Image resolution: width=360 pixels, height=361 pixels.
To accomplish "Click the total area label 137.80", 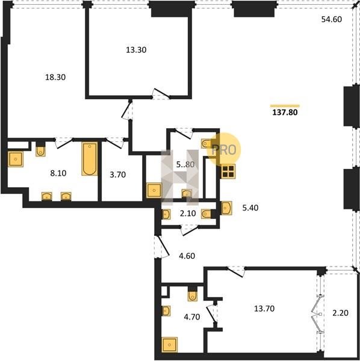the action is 285,113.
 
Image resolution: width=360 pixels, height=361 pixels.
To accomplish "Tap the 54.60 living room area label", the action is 332,19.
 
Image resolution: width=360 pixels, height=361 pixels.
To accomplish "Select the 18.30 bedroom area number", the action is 55,77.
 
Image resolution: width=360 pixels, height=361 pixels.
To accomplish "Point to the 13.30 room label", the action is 136,50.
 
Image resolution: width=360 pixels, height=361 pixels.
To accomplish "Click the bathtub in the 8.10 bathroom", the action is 90,159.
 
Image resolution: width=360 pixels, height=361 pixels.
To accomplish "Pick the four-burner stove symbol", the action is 228,171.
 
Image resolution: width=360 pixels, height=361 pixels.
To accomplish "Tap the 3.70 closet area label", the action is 118,174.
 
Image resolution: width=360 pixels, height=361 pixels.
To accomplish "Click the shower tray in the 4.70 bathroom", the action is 170,345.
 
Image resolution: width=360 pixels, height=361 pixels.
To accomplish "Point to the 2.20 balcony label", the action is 340,313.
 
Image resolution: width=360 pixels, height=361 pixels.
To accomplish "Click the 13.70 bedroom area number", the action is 264,309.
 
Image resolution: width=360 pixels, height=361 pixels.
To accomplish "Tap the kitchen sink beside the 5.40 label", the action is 226,208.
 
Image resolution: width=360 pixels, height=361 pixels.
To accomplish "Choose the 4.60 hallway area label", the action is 187,256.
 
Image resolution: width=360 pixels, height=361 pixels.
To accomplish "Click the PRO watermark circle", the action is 224,150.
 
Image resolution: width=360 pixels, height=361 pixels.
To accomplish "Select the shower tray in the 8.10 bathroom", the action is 16,159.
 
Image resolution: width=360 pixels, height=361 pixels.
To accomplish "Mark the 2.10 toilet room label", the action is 188,214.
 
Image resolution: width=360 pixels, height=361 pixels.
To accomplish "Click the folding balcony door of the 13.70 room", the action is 317,314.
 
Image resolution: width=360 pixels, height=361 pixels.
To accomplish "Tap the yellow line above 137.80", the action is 285,106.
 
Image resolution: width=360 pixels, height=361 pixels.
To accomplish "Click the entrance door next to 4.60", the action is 163,246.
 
